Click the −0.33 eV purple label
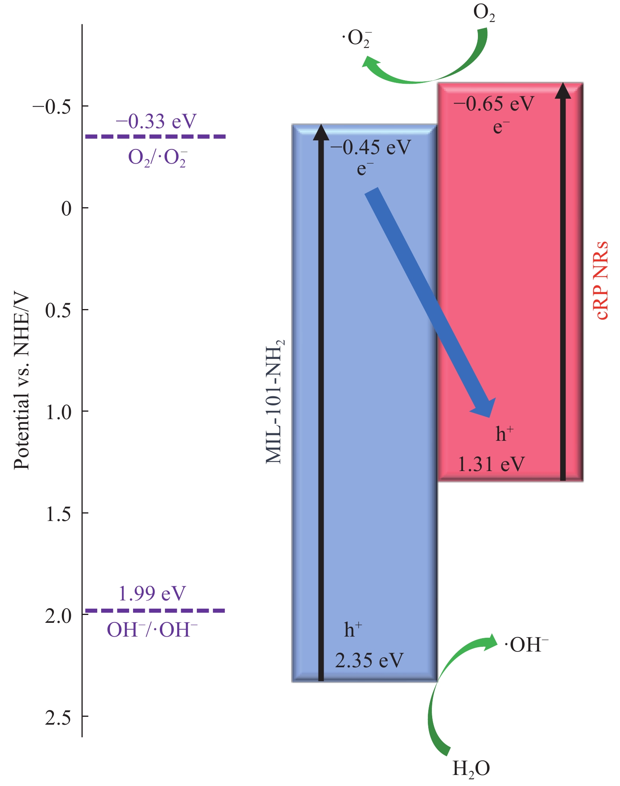click(156, 121)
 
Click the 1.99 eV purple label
click(152, 594)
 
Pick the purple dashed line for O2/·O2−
click(155, 136)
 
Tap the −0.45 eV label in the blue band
click(370, 148)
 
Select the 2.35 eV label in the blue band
click(369, 660)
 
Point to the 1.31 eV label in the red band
click(491, 464)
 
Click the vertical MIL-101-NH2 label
click(275, 401)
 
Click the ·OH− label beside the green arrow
click(526, 645)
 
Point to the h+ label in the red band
click(504, 434)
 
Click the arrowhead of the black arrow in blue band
click(321, 133)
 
